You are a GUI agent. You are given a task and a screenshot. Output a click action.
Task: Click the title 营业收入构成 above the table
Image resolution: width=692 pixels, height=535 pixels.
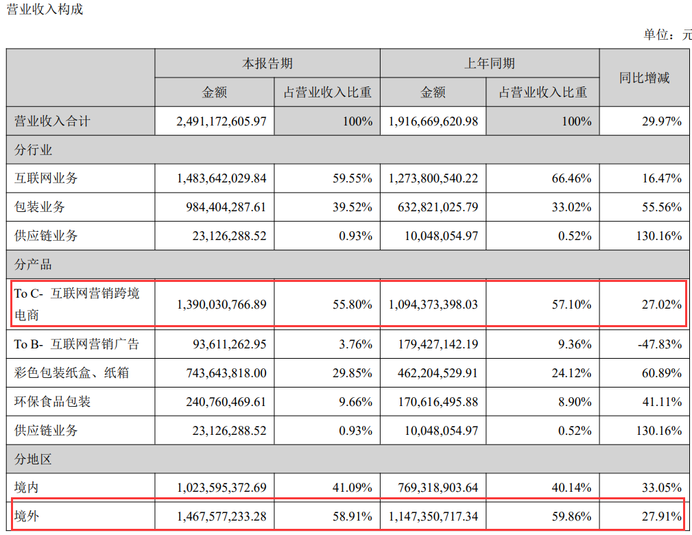click(45, 10)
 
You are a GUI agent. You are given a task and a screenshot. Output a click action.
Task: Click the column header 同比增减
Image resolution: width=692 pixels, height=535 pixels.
click(644, 78)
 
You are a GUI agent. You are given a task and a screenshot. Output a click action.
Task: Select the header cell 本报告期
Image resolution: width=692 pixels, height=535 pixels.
click(267, 63)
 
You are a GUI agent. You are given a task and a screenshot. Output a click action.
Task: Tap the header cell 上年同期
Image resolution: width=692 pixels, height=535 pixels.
click(489, 63)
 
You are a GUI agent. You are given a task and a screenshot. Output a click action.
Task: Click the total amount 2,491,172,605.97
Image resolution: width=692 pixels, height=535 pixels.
click(221, 121)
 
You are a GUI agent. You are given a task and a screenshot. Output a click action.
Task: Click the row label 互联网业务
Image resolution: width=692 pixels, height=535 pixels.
click(46, 178)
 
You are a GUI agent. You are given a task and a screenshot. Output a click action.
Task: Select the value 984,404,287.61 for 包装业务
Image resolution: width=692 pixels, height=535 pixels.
click(221, 207)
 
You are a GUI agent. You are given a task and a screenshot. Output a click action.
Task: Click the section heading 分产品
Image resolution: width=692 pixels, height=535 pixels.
click(33, 265)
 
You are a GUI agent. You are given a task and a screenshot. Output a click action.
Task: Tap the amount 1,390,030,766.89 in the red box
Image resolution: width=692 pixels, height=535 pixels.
click(221, 304)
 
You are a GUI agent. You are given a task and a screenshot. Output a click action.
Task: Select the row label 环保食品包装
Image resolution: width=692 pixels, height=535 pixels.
click(52, 401)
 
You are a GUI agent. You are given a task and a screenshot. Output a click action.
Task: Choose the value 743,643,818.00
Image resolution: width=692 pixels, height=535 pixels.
click(221, 373)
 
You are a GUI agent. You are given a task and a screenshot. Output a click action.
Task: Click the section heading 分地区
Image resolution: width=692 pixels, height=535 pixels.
click(33, 459)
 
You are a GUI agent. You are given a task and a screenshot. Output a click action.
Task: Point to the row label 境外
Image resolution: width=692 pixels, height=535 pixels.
click(27, 516)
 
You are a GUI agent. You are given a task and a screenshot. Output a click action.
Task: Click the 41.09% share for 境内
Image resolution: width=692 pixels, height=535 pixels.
click(350, 488)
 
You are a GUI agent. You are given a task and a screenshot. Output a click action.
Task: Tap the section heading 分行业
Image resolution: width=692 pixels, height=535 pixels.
click(33, 150)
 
